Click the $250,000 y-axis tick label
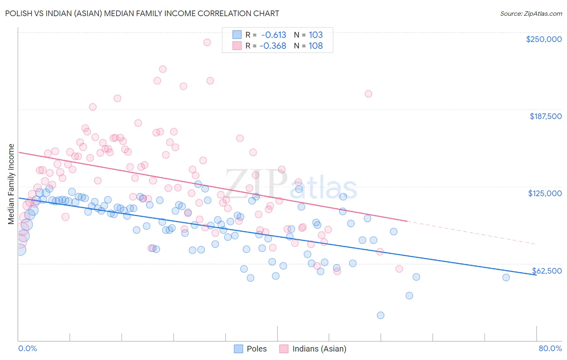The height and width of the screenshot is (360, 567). (x=544, y=39)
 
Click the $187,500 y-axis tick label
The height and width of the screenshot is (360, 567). (x=545, y=116)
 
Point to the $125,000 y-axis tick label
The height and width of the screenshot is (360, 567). (x=545, y=193)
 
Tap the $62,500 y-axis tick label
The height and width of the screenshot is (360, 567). (x=547, y=271)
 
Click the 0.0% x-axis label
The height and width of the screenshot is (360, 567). (x=27, y=348)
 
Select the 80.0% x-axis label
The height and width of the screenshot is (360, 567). (x=550, y=348)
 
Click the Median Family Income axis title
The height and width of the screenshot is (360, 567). (x=11, y=184)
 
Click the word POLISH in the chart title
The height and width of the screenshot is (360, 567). (x=19, y=13)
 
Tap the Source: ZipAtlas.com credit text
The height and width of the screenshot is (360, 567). (x=531, y=13)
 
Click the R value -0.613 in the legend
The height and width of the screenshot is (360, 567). (x=273, y=35)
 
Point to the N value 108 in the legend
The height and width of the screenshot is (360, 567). (x=316, y=46)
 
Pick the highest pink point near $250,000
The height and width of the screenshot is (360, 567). (x=207, y=42)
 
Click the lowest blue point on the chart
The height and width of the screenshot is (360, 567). (x=380, y=315)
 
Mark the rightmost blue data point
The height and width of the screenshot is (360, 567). (x=506, y=277)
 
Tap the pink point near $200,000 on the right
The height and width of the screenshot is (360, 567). (x=368, y=94)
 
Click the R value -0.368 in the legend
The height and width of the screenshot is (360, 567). (x=273, y=46)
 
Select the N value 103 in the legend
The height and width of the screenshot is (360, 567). (x=316, y=35)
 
